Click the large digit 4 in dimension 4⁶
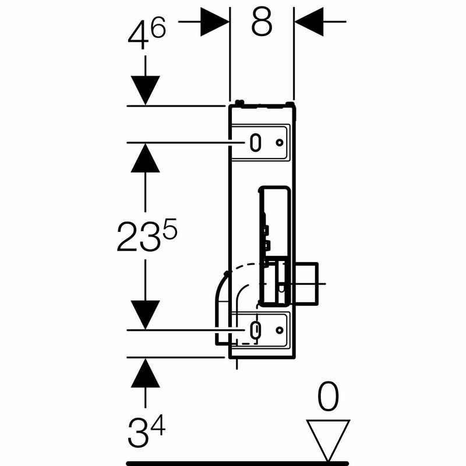pyautogui.click(x=138, y=36)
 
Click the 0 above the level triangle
pyautogui.click(x=328, y=397)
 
